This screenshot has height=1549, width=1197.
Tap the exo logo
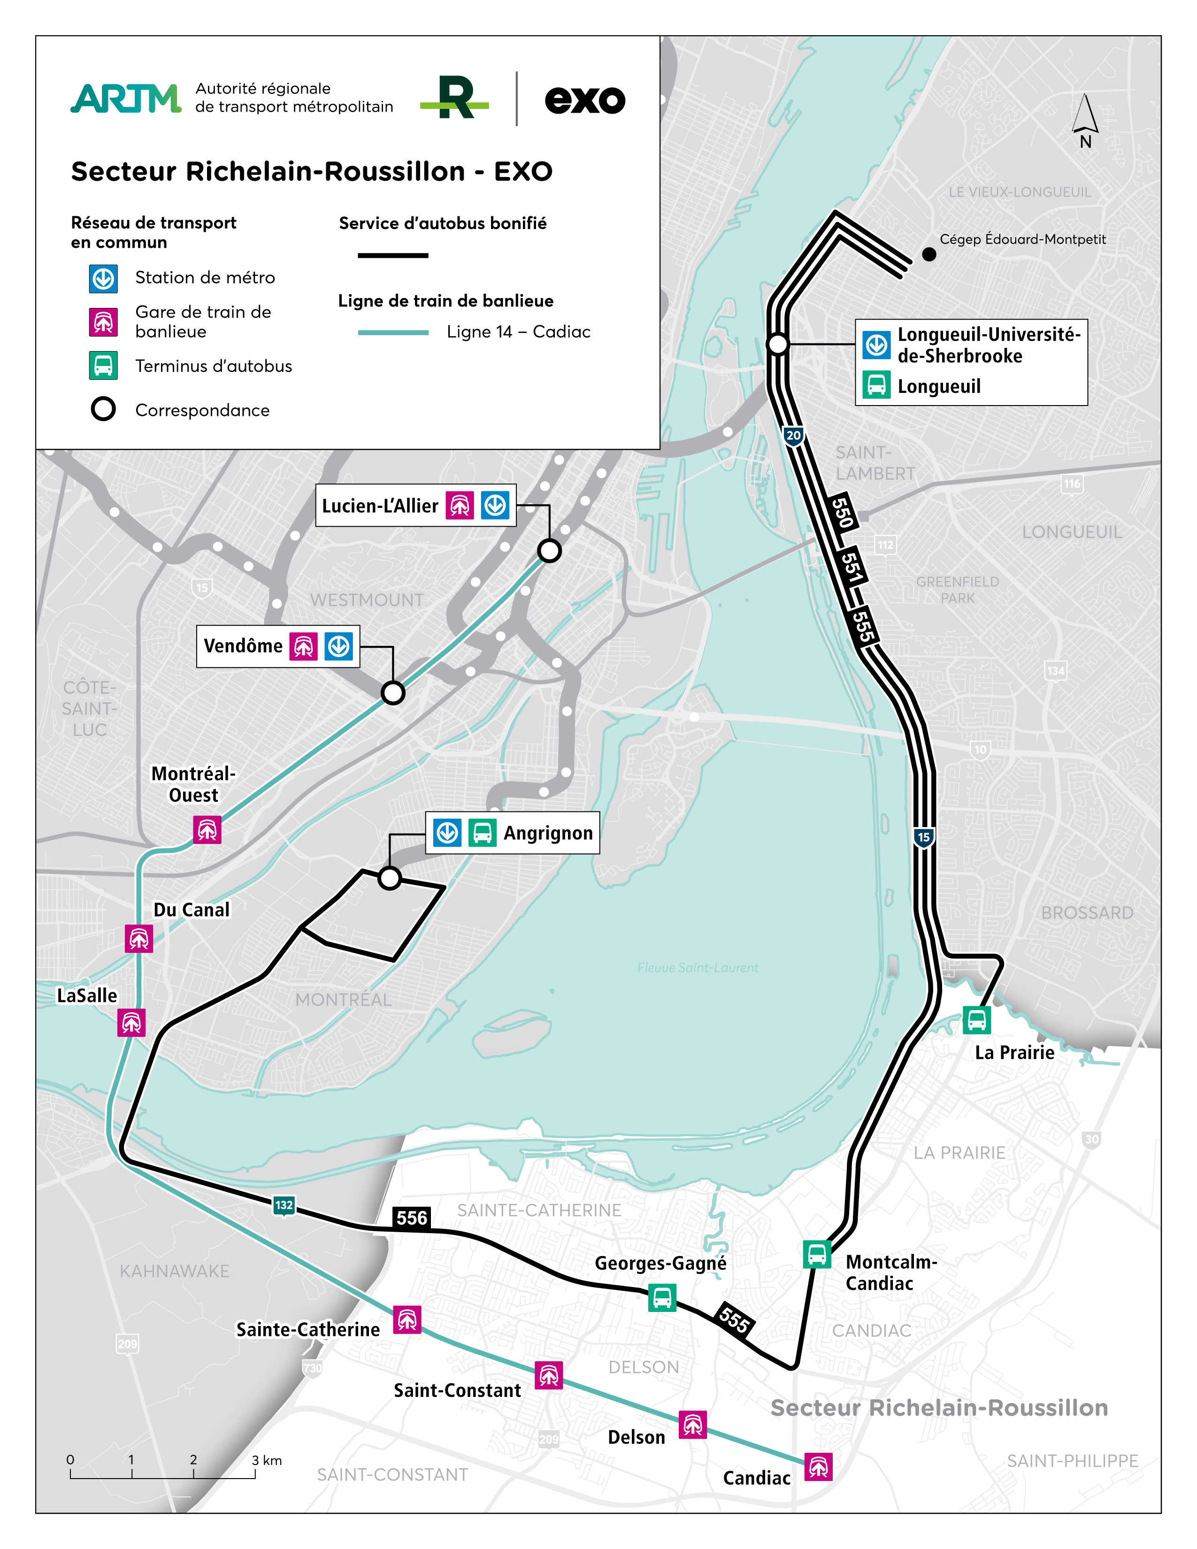[585, 100]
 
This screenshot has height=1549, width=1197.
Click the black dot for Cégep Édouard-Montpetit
[929, 254]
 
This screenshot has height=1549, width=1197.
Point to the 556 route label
[411, 1218]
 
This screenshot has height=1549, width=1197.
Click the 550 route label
[842, 512]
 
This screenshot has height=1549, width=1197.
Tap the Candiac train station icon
[818, 1466]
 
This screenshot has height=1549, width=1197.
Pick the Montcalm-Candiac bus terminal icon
[816, 1254]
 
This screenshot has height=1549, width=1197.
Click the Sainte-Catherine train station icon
[407, 1319]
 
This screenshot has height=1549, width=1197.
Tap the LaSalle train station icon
[131, 1022]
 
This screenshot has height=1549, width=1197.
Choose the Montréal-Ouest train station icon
[207, 829]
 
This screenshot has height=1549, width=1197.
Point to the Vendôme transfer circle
[393, 692]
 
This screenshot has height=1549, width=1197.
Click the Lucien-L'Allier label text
[380, 506]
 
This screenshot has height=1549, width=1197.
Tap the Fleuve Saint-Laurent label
[698, 967]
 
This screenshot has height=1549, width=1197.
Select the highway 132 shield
[284, 1205]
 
